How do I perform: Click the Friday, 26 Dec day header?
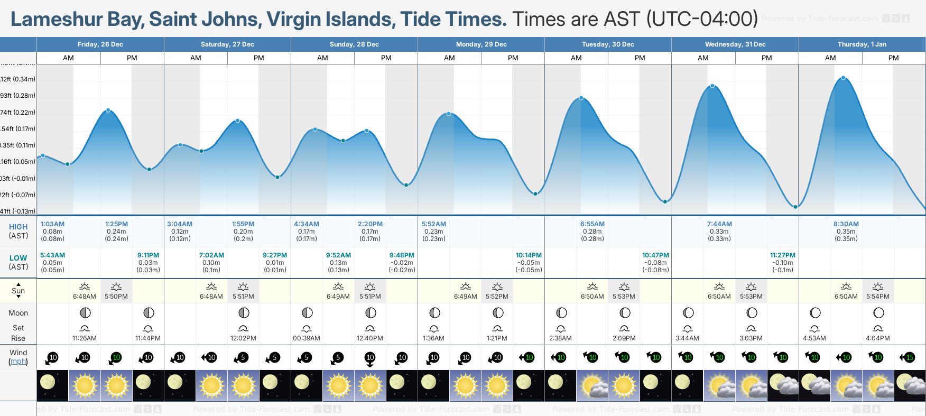click(100, 44)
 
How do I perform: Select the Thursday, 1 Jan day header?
click(862, 44)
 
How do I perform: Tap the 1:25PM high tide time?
click(116, 224)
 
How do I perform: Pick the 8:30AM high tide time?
click(846, 224)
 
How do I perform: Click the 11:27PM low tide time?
click(782, 255)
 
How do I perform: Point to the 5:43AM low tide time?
click(52, 255)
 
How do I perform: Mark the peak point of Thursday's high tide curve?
click(843, 78)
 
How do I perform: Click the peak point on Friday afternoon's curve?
click(108, 110)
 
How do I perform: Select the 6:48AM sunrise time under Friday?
click(85, 297)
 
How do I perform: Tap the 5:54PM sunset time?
click(877, 297)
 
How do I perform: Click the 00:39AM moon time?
click(307, 338)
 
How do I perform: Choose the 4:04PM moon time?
click(877, 338)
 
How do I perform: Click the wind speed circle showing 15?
click(910, 358)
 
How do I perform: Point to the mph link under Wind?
click(18, 362)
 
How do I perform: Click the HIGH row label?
click(18, 227)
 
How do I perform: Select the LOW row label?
click(18, 258)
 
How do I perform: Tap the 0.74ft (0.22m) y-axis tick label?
click(17, 113)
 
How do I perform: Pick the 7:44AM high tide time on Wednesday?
click(719, 224)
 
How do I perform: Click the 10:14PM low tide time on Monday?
click(529, 255)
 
